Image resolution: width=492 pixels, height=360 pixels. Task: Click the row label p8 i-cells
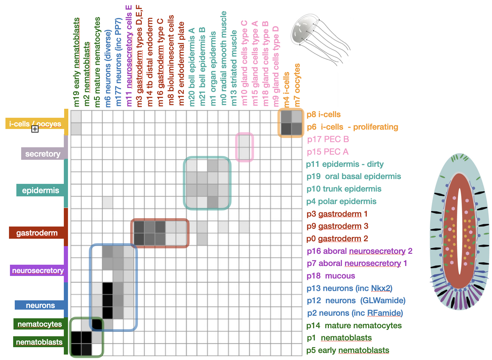pyautogui.click(x=323, y=115)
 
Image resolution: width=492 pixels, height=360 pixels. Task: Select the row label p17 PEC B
pyautogui.click(x=328, y=139)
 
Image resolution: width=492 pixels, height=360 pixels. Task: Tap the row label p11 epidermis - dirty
pyautogui.click(x=345, y=164)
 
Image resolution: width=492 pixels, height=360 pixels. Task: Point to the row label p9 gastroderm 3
pyautogui.click(x=337, y=226)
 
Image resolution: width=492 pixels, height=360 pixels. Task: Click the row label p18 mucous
pyautogui.click(x=331, y=276)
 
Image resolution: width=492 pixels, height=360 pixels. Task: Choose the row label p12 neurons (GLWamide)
pyautogui.click(x=356, y=301)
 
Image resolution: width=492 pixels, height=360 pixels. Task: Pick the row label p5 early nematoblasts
pyautogui.click(x=348, y=350)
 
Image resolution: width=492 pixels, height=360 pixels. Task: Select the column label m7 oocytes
pyautogui.click(x=297, y=85)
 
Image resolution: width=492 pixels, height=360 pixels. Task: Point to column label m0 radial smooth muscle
pyautogui.click(x=224, y=58)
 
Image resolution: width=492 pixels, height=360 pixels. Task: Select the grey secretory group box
pyautogui.click(x=43, y=154)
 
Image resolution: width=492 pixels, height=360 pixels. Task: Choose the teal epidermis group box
pyautogui.click(x=40, y=191)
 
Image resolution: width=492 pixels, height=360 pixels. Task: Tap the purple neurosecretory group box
pyautogui.click(x=38, y=270)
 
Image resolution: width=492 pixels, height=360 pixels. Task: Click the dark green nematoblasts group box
pyautogui.click(x=39, y=342)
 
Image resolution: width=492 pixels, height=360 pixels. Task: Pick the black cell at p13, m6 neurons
pyautogui.click(x=108, y=288)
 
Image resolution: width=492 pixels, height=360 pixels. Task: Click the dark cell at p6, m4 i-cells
pyautogui.click(x=286, y=129)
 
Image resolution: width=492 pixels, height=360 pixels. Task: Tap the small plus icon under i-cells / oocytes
pyautogui.click(x=35, y=129)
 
